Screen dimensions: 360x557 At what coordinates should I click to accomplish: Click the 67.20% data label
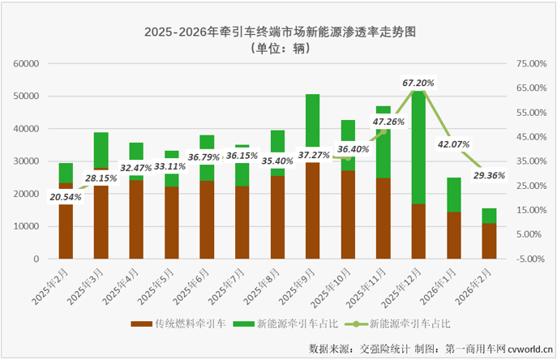(x=418, y=83)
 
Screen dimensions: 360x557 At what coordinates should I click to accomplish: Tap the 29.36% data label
(x=488, y=174)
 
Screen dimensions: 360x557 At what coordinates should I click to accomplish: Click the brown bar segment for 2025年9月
(x=312, y=211)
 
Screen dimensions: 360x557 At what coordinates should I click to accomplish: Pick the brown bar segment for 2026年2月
(x=488, y=241)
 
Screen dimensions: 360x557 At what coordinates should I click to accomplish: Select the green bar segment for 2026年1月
(x=453, y=195)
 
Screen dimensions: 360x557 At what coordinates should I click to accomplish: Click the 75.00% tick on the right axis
(x=531, y=63)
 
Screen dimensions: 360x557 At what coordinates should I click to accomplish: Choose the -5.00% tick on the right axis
(x=531, y=259)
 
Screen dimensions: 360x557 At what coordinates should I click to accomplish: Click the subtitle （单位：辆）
(x=278, y=48)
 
